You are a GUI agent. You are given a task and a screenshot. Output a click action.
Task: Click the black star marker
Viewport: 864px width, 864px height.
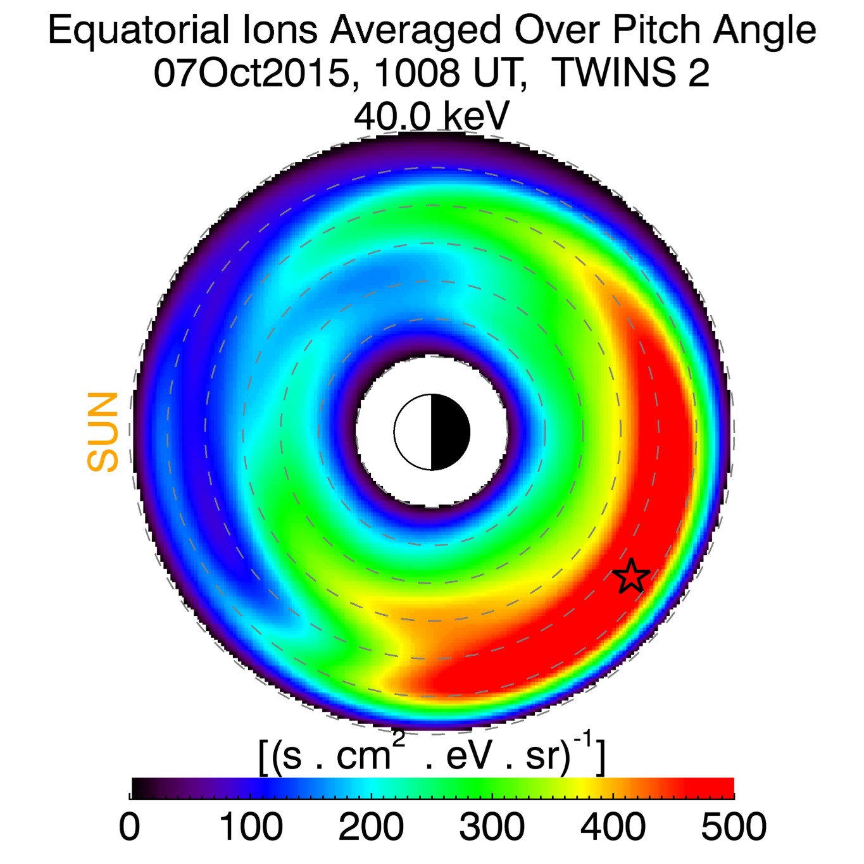pos(631,576)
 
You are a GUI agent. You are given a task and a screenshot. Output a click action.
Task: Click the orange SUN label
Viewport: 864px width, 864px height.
pos(103,432)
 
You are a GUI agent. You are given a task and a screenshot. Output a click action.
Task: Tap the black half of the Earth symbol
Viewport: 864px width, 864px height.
pos(450,432)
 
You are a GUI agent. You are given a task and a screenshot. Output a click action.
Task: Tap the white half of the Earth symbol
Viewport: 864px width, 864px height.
pos(413,432)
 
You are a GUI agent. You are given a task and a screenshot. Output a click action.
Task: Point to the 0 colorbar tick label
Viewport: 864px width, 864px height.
pos(130,827)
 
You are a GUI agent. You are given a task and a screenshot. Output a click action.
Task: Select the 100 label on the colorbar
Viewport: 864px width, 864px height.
pos(251,827)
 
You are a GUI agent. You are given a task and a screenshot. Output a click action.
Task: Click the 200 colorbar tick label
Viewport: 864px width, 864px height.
pos(371,827)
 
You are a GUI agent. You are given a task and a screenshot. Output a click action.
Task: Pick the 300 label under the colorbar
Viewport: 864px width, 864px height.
pos(492,827)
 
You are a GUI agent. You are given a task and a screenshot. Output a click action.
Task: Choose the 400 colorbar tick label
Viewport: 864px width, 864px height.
pos(613,827)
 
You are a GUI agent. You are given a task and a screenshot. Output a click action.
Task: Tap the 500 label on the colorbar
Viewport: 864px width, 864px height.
pos(734,827)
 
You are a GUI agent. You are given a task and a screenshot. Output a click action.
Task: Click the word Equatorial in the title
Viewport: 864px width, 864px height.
pos(139,30)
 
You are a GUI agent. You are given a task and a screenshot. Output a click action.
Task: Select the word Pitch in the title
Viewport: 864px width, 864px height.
pos(654,30)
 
